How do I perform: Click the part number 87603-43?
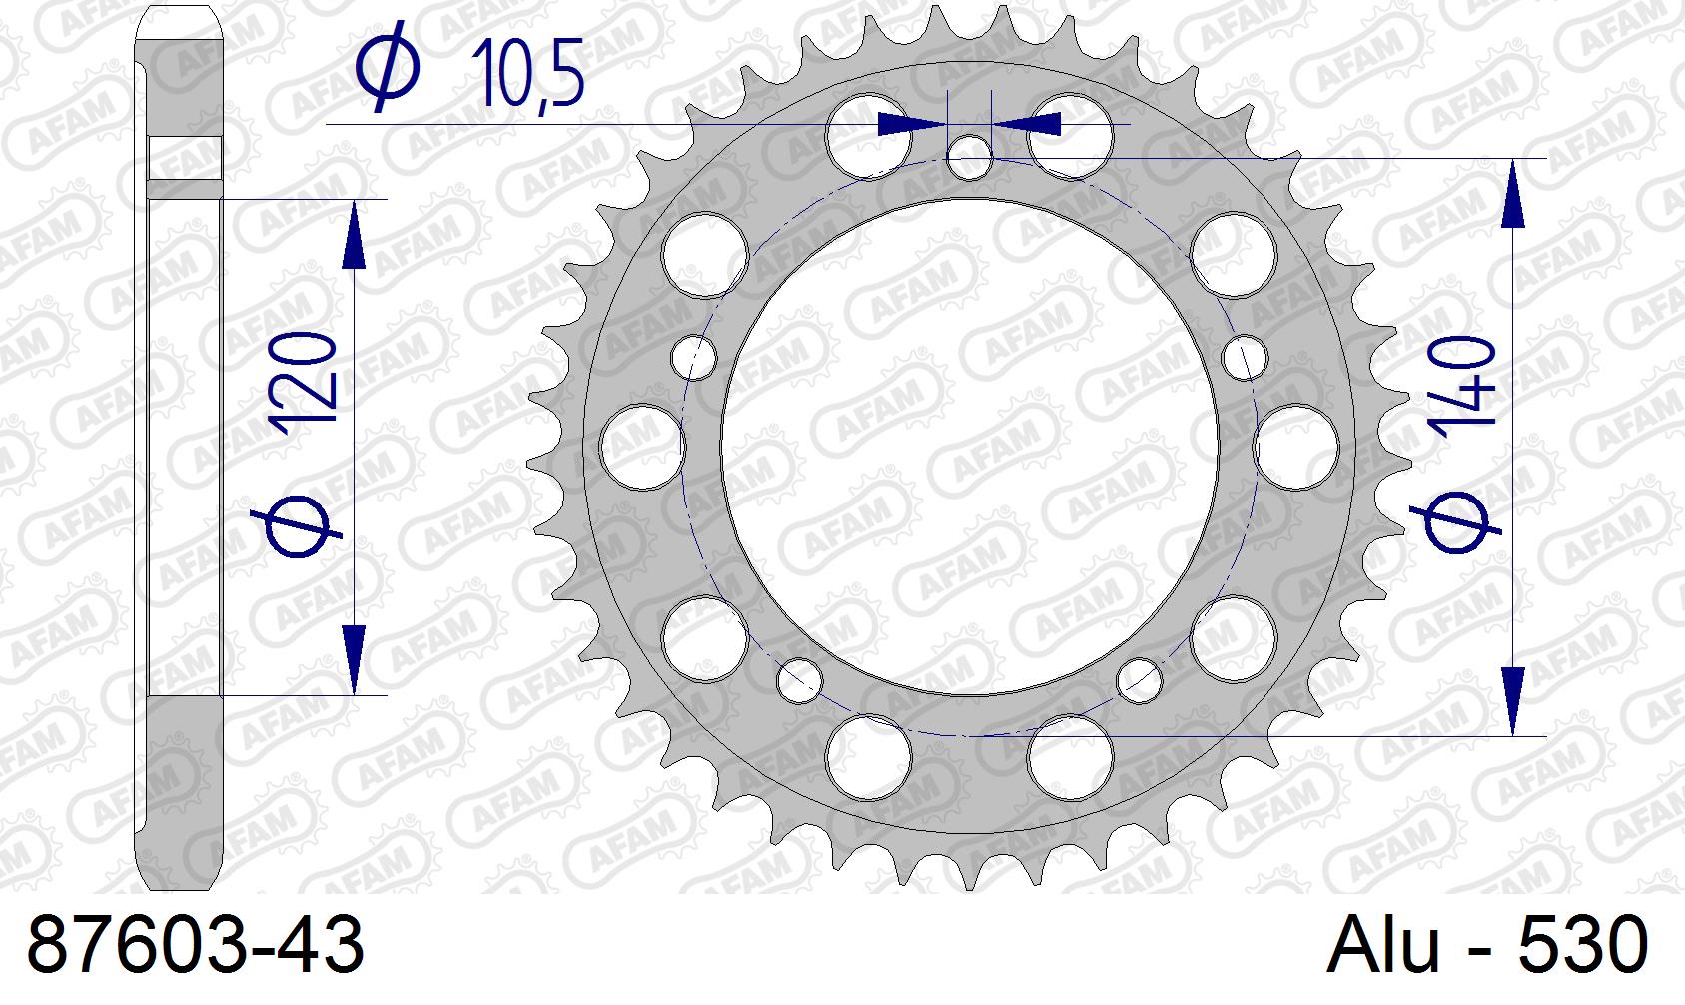196,945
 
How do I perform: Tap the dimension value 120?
302,384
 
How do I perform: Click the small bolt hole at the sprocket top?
969,158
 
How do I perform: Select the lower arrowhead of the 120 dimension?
354,659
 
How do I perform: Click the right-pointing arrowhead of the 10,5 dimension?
910,124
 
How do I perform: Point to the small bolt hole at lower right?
1138,678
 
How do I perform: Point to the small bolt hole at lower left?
799,678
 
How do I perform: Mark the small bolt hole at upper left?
694,357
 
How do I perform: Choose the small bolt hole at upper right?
1244,358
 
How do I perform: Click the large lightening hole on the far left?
642,447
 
